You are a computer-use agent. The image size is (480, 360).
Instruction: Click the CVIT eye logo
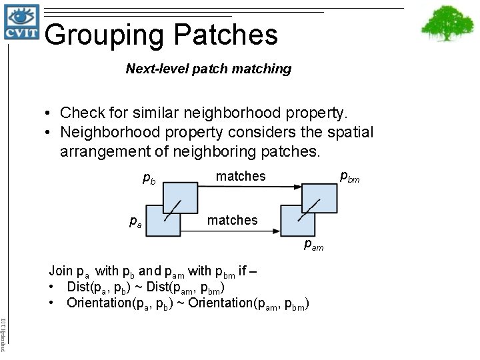click(21, 23)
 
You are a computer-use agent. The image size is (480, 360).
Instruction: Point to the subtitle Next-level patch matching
click(209, 69)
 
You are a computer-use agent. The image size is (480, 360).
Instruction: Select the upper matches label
click(241, 177)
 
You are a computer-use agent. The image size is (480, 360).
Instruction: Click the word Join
click(61, 271)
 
